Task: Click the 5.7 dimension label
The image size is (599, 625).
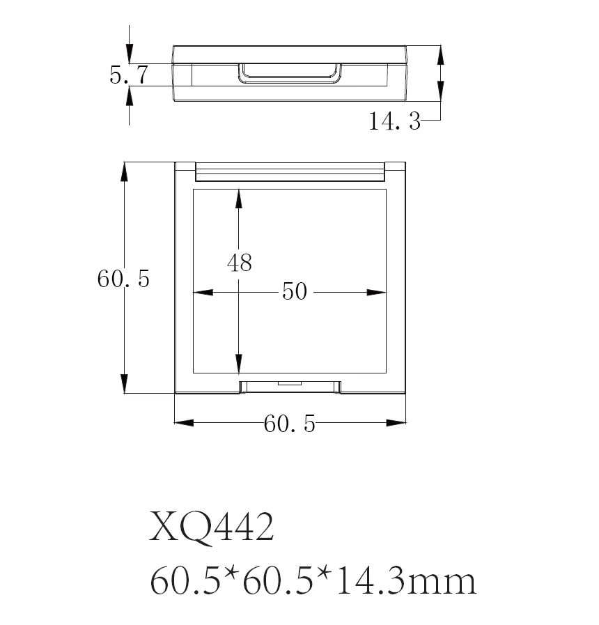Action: coord(128,75)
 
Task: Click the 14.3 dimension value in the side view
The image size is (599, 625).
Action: coord(394,123)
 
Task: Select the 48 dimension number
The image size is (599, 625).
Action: coord(239,263)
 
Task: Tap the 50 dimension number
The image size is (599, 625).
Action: coord(295,291)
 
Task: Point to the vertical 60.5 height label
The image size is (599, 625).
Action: coord(123,279)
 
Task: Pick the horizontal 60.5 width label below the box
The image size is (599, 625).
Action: coord(290,423)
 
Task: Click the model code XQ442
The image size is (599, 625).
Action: coord(212,527)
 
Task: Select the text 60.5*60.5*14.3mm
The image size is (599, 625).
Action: coord(313,580)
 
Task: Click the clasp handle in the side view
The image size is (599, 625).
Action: coord(290,73)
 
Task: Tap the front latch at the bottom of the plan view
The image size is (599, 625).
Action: coord(290,386)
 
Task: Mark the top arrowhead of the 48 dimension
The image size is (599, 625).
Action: coord(239,198)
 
